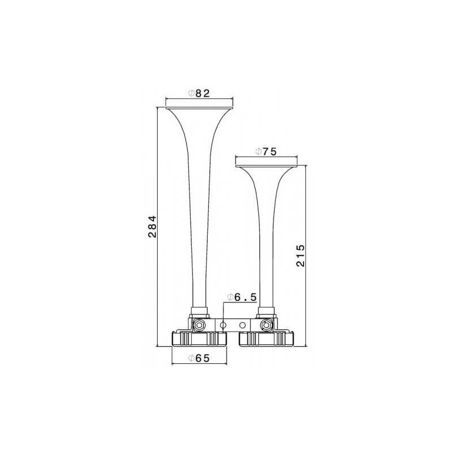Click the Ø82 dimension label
[199, 93]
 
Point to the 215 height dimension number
[301, 255]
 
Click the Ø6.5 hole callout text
[243, 297]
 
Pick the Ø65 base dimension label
[199, 358]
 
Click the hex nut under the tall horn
[199, 325]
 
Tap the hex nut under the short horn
[266, 325]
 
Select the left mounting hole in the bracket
[224, 325]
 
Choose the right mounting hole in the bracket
[243, 325]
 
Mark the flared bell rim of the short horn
[266, 166]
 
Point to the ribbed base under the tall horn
[199, 339]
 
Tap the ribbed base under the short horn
[267, 339]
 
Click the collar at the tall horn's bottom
[199, 310]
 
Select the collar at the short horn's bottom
[266, 310]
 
